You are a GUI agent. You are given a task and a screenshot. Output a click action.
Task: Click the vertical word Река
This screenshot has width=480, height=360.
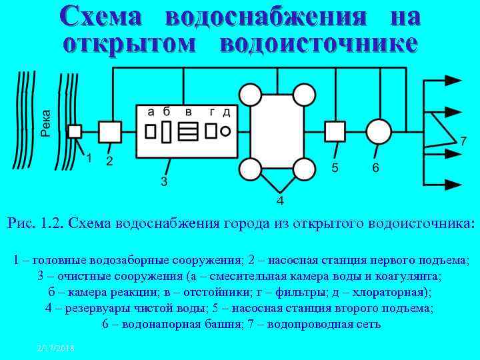pyautogui.click(x=46, y=123)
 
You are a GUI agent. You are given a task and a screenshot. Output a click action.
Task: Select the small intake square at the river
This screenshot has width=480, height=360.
pyautogui.click(x=75, y=131)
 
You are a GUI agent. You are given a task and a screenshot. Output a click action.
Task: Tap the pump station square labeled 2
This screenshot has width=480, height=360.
pyautogui.click(x=110, y=131)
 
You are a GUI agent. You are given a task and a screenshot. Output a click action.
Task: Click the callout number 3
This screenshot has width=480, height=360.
pyautogui.click(x=163, y=181)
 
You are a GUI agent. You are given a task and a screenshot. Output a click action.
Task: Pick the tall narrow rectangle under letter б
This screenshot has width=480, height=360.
pyautogui.click(x=167, y=131)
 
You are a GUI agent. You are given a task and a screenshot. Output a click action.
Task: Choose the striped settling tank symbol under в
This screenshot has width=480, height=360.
pyautogui.click(x=189, y=131)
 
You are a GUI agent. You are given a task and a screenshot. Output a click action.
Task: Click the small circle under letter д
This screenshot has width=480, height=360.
pyautogui.click(x=226, y=130)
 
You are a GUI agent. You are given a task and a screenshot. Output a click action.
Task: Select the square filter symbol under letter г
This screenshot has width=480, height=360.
pyautogui.click(x=211, y=131)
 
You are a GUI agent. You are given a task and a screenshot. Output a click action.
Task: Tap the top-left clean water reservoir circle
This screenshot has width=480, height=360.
pyautogui.click(x=251, y=95)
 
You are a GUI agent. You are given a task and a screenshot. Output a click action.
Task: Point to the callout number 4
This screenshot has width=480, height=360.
pyautogui.click(x=280, y=201)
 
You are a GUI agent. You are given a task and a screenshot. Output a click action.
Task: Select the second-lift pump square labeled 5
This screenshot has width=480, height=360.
pyautogui.click(x=335, y=131)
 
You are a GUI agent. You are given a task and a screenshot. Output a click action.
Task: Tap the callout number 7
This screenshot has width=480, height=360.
pyautogui.click(x=463, y=141)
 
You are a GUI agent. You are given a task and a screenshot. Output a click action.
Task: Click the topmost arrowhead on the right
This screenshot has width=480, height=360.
pyautogui.click(x=453, y=80)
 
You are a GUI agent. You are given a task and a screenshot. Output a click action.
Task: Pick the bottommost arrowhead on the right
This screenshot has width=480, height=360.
pyautogui.click(x=453, y=183)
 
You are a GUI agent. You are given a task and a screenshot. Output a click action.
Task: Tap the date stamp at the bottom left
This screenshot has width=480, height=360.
pyautogui.click(x=56, y=349)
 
